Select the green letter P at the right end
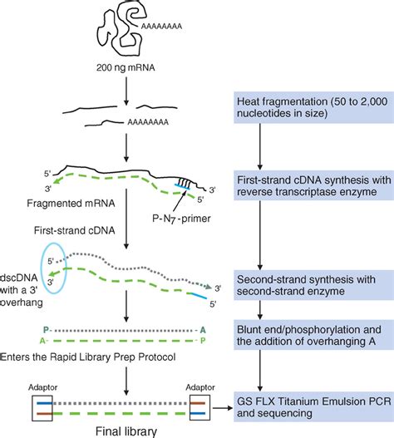point(203,338)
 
